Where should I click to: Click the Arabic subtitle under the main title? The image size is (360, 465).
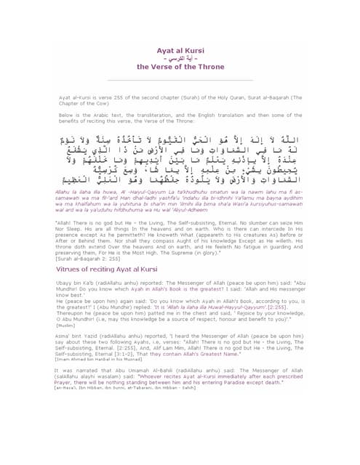[179, 56]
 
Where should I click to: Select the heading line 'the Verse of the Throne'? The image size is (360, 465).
[179, 66]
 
